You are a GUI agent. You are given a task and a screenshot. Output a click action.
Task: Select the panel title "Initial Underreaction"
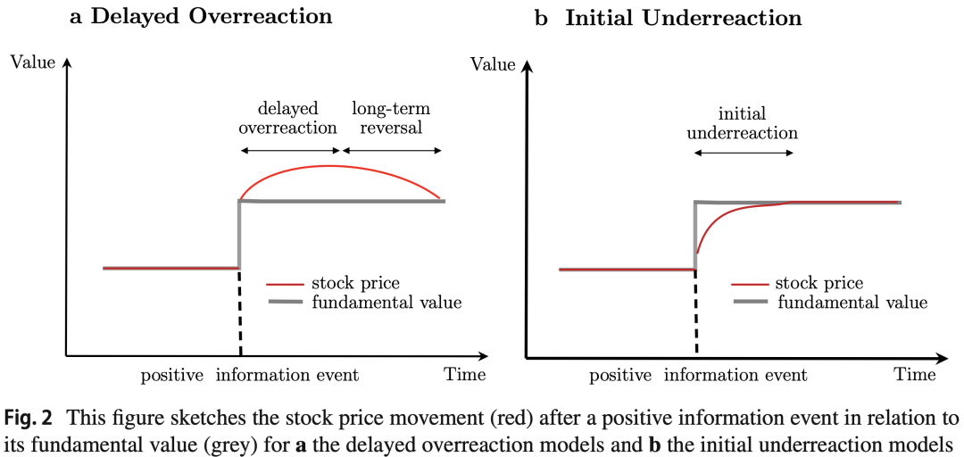(x=683, y=18)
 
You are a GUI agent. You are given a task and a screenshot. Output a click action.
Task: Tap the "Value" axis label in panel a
(x=32, y=62)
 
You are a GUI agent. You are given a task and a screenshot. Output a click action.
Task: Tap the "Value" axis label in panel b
(x=493, y=63)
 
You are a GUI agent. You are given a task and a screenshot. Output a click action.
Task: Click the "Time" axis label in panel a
(x=465, y=374)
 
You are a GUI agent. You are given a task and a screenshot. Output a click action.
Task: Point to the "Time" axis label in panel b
(x=916, y=374)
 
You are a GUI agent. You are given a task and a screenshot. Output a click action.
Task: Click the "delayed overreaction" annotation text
(x=287, y=118)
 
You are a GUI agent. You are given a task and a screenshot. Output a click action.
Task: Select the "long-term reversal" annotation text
(x=390, y=118)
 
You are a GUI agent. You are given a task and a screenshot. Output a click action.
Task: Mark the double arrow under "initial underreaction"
(x=744, y=154)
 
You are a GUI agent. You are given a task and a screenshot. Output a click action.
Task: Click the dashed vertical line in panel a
(x=240, y=312)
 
